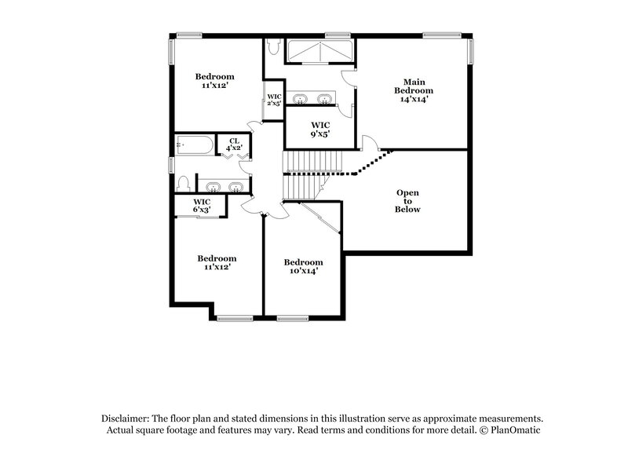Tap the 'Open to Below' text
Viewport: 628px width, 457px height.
point(407,201)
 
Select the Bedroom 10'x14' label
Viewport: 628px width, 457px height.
point(303,266)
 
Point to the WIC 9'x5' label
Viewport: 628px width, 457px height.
point(320,130)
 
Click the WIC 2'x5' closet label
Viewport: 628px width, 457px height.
point(274,100)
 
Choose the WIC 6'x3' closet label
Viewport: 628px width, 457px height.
point(201,205)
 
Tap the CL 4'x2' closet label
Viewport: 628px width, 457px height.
point(234,144)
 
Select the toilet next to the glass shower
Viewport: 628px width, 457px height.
point(272,49)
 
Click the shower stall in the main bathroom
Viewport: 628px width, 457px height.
point(319,52)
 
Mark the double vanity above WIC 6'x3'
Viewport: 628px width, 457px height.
point(223,186)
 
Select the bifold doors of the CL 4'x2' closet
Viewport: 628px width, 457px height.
point(233,155)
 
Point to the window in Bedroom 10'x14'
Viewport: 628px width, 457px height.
point(292,318)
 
